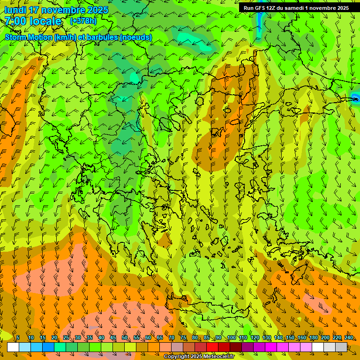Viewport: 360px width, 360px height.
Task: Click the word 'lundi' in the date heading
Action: pyautogui.click(x=15, y=10)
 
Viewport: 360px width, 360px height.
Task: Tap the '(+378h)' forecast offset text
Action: pyautogui.click(x=83, y=21)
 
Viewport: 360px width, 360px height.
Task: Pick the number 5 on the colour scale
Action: pyautogui.click(x=18, y=337)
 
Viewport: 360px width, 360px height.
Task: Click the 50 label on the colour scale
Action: pyautogui.click(x=125, y=337)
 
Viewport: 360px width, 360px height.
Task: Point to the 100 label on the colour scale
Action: pyautogui.click(x=232, y=337)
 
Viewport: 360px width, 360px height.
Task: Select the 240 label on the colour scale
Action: pyautogui.click(x=348, y=337)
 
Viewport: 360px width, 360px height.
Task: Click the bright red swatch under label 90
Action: pyautogui.click(x=212, y=347)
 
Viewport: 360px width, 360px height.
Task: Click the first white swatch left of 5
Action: pyautogui.click(x=13, y=347)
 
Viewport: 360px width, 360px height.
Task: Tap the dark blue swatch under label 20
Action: pyautogui.click(x=48, y=347)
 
